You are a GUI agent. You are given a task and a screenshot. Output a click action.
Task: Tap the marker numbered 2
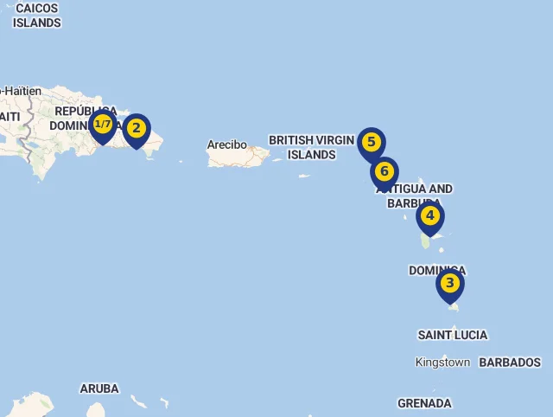(136, 130)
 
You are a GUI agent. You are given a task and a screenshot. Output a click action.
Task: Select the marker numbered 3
(450, 284)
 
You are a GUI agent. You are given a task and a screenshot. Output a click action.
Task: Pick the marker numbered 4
(429, 216)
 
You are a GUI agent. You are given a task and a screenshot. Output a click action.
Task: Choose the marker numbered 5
(372, 143)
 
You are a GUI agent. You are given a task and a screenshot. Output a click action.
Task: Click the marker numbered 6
(385, 171)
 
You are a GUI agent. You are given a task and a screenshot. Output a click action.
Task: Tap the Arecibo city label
(226, 144)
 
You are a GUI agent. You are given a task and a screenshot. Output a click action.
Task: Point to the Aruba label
(99, 388)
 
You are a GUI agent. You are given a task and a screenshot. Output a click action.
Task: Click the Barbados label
(510, 362)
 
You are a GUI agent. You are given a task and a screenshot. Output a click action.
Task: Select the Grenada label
(424, 403)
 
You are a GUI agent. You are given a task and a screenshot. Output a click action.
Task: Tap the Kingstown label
(442, 362)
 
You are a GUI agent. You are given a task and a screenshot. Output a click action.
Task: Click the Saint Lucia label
(452, 335)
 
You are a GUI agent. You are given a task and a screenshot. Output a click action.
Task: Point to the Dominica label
(436, 270)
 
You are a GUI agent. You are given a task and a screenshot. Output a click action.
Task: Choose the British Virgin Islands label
(311, 147)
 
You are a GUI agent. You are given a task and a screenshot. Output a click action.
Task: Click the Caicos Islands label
(36, 16)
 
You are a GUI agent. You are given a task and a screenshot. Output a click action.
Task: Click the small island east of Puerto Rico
(304, 176)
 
